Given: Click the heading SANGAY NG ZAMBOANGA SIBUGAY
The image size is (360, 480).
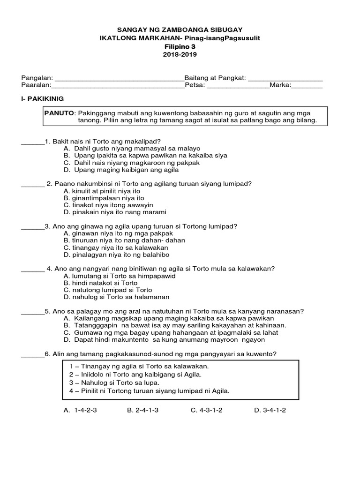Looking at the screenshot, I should pos(180,29).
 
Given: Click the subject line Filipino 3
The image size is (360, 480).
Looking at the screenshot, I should pos(180,46).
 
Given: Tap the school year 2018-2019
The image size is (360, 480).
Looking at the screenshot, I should pos(180,54).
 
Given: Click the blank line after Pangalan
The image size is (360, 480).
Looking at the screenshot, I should pos(120,78).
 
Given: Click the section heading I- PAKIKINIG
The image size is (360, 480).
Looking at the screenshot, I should pos(43,99).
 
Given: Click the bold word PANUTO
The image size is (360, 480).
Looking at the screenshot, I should pos(59,113).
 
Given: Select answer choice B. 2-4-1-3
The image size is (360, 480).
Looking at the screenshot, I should pos(142,410).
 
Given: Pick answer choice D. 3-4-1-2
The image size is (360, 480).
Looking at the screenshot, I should pos(270,410).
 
